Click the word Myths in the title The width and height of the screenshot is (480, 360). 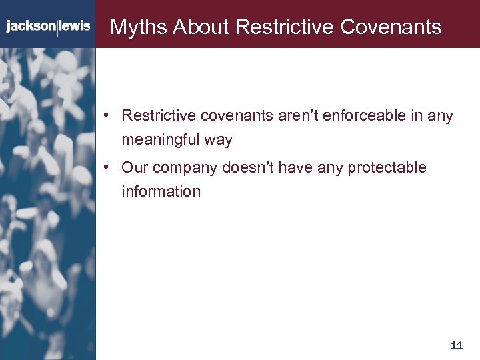[x=138, y=27]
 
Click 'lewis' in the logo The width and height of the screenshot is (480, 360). [x=75, y=27]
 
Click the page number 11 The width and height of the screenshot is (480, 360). [x=457, y=345]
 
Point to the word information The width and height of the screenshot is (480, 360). [x=161, y=192]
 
